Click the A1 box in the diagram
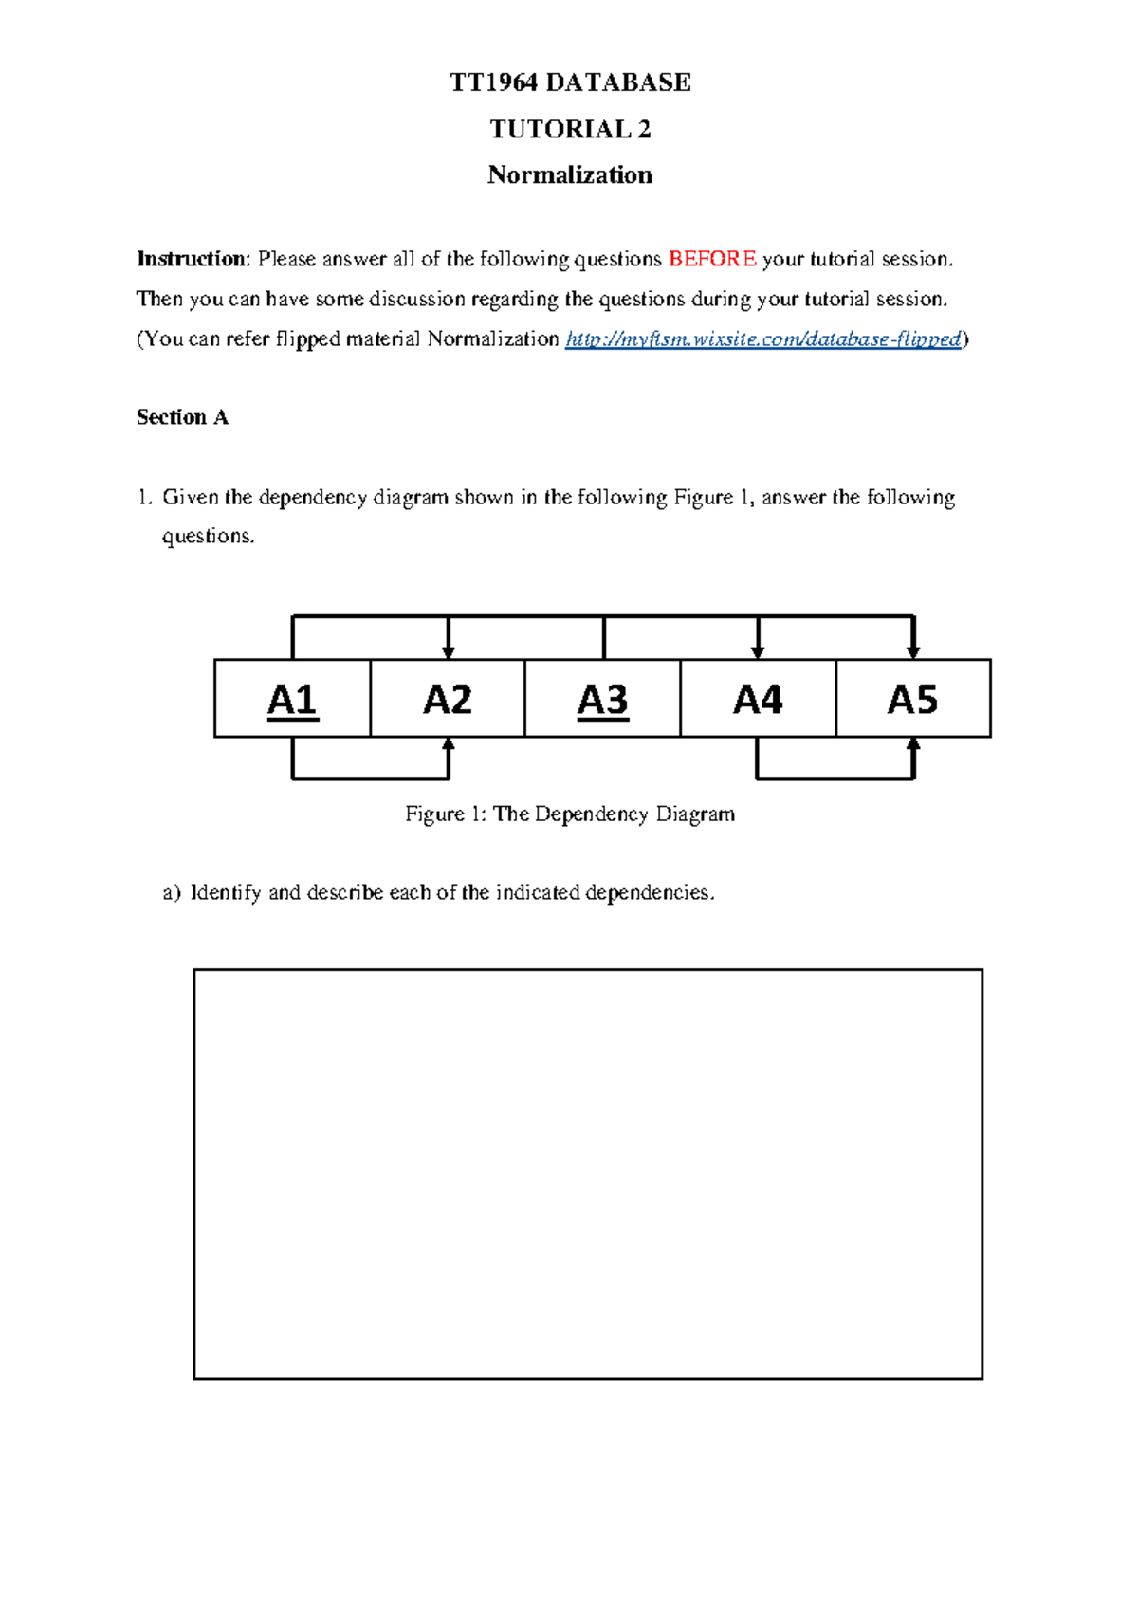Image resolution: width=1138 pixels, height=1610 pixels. [292, 699]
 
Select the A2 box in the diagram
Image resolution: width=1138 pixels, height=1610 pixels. [447, 699]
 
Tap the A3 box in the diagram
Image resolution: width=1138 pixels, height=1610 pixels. [602, 699]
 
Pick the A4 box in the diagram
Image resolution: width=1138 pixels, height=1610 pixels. [758, 699]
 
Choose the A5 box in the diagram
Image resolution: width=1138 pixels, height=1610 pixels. [912, 699]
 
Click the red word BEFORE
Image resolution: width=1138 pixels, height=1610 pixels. [712, 259]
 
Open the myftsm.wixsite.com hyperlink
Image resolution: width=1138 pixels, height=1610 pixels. [763, 338]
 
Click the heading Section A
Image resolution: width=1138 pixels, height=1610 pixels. [182, 417]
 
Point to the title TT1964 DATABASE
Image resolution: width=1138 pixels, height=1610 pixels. [570, 82]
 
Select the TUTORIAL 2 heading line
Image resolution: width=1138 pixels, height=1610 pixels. [570, 129]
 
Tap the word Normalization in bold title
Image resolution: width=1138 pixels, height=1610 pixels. [570, 175]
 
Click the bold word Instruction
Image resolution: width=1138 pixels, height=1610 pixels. [192, 259]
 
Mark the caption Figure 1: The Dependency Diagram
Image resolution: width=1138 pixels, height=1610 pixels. [570, 814]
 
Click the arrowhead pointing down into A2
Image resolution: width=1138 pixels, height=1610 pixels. [449, 651]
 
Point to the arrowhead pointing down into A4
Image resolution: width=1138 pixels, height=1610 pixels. [758, 651]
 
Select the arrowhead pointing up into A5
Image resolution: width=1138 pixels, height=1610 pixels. [913, 745]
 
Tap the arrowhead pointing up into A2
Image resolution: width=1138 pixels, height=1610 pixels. [449, 745]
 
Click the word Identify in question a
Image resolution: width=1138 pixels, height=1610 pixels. [226, 892]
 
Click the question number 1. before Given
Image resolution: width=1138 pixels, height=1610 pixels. [144, 498]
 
